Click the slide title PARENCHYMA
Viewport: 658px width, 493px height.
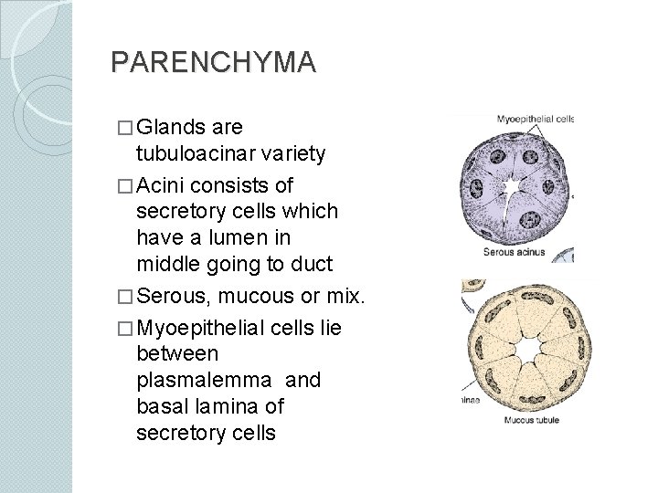click(x=213, y=62)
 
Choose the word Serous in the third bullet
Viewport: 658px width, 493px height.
click(x=179, y=297)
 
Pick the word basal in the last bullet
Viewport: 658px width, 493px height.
click(x=161, y=405)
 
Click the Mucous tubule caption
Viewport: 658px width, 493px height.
click(x=531, y=420)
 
